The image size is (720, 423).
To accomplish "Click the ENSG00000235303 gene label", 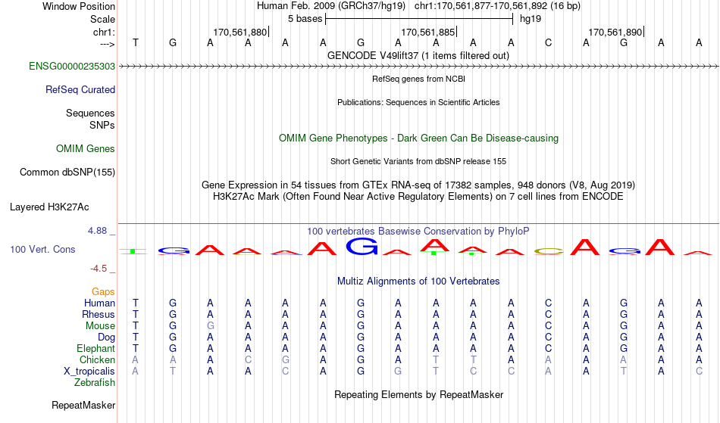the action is pos(72,67).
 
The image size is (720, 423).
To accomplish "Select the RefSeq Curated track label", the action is pos(80,90).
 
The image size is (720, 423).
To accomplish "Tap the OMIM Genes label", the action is pos(86,149).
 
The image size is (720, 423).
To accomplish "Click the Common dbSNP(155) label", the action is pos(67,173).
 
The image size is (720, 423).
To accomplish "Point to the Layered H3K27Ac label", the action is pos(49,207).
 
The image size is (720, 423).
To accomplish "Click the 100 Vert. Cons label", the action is pos(42,249).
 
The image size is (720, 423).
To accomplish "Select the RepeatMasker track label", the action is pos(83,405).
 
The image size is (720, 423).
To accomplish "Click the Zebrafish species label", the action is pos(95,383).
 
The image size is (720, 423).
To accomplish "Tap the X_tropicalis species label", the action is pos(89,372).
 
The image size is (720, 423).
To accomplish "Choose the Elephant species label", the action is pos(96,349).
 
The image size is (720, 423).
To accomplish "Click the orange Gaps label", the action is pos(103,292).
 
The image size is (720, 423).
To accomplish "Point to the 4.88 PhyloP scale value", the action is pos(98,231).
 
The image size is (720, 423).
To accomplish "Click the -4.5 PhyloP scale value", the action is pos(99,269).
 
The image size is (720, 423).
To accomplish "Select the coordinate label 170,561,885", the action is pos(428,32).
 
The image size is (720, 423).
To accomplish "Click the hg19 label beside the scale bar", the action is pos(531,19).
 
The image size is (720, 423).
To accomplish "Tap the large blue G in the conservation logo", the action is pos(362,246).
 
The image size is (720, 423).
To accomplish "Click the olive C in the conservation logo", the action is pos(549,251).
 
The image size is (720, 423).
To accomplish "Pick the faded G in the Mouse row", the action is pos(210,326).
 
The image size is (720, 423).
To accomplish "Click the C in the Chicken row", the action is pos(248,360).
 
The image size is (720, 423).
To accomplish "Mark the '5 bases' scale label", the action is pos(305,19).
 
